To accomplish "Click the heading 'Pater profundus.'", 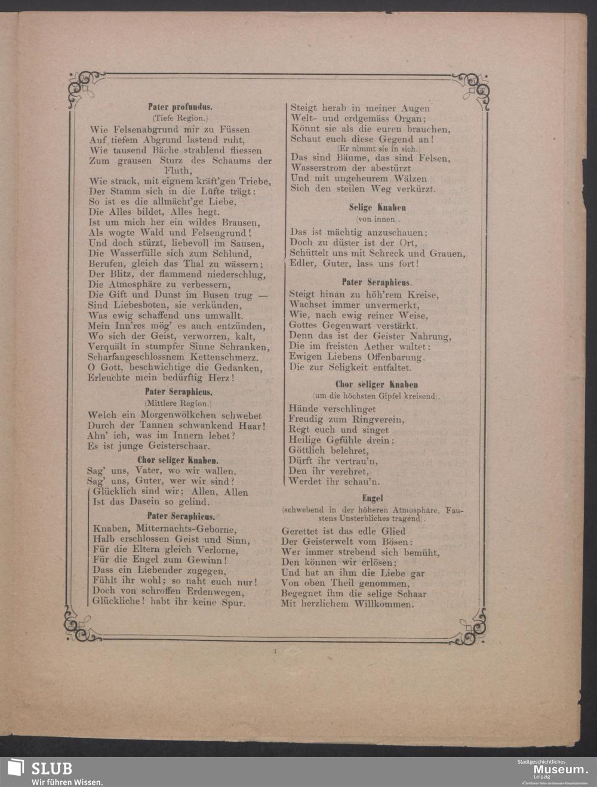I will (180, 107).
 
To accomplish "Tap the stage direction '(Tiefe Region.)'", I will (180, 118).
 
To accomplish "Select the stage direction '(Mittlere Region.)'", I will (179, 404).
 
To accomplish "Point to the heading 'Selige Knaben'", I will (377, 208).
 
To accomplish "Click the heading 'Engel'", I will (372, 498).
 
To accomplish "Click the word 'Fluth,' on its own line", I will (180, 171).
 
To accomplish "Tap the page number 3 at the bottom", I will (275, 652).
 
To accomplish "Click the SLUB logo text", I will (51, 769).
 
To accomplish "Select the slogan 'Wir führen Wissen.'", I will (67, 782).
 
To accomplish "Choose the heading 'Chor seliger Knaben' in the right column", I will (376, 385).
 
